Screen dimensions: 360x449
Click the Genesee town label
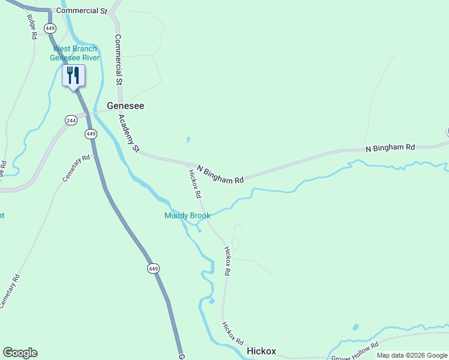point(125,106)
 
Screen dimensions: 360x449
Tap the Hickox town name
point(261,351)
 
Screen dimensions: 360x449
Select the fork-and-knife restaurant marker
point(73,76)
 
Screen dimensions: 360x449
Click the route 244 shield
point(71,120)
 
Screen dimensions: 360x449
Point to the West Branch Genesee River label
point(74,53)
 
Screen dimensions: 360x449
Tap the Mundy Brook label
point(187,215)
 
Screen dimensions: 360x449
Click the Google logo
point(20,353)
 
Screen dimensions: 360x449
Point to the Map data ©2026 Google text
point(412,356)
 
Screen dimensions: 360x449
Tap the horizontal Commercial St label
point(81,11)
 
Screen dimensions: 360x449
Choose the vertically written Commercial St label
point(118,59)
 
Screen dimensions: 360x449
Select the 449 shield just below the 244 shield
point(91,133)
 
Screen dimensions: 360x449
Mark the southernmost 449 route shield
point(154,269)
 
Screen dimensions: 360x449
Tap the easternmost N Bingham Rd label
point(390,147)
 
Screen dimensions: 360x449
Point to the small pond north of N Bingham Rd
point(188,140)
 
